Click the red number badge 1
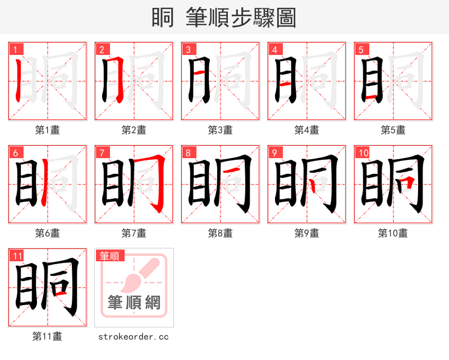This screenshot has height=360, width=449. [x=15, y=49]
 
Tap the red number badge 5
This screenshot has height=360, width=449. [x=360, y=49]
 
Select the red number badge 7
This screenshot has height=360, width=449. [x=101, y=153]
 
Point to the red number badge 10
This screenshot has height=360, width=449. [x=363, y=153]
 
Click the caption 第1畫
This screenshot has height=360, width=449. [x=47, y=130]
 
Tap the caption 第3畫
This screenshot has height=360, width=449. [x=220, y=130]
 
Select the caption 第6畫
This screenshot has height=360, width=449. [x=47, y=233]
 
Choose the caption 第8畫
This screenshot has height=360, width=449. [x=220, y=233]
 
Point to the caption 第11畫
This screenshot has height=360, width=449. [x=47, y=336]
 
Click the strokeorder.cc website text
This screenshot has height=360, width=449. [x=134, y=337]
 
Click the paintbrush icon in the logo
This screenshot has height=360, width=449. [x=136, y=275]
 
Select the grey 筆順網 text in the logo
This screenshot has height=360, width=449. [x=134, y=303]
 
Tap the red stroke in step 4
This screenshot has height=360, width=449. [x=286, y=84]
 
